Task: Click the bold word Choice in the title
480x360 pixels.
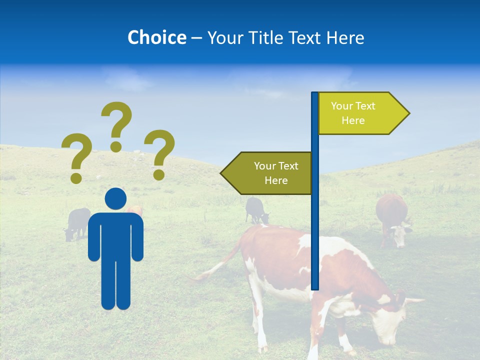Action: [156, 37]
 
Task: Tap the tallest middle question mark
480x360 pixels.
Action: [116, 125]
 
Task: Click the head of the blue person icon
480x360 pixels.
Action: [115, 199]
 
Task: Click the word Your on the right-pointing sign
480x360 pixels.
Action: [342, 106]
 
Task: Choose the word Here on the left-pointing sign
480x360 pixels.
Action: [276, 180]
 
